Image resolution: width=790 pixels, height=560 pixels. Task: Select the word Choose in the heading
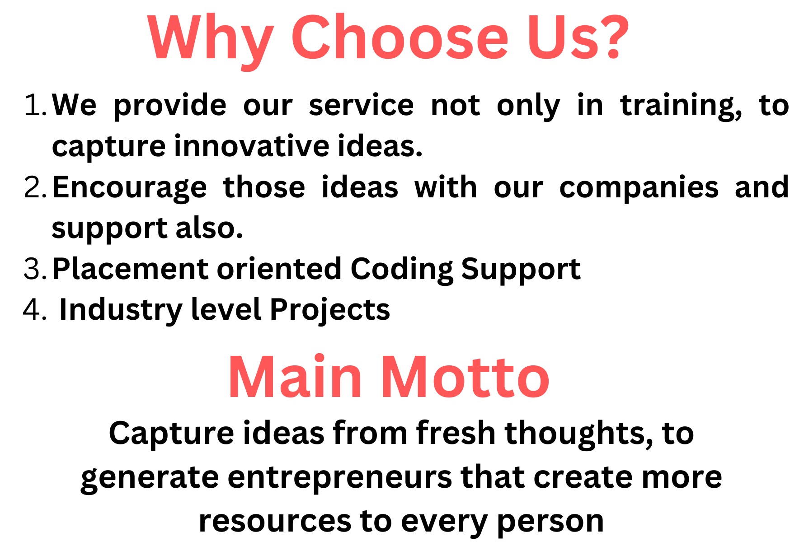coord(400,37)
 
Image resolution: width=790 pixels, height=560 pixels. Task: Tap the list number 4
coord(34,310)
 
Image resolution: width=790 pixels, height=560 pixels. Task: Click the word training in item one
coord(681,107)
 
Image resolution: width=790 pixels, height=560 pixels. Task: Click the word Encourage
coord(130,189)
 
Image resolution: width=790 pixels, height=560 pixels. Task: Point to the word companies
coord(639,189)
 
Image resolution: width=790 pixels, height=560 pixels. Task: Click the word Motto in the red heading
coord(466,377)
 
